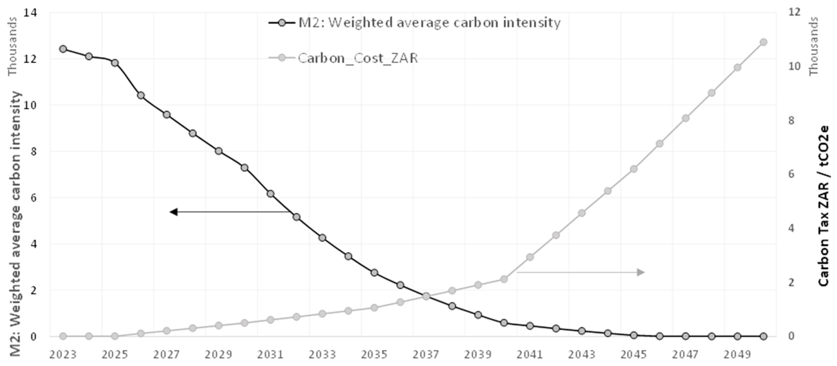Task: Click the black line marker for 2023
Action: point(63,49)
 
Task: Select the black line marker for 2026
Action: point(141,95)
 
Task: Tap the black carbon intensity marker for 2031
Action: point(270,194)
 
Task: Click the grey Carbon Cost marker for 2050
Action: point(764,42)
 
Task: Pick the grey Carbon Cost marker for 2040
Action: point(504,279)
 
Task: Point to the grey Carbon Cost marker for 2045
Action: point(634,169)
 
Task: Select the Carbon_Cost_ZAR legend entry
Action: point(357,58)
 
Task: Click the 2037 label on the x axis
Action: point(426,354)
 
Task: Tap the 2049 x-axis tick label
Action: point(737,354)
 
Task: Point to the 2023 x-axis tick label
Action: point(63,354)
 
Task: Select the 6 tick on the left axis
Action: point(33,198)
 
